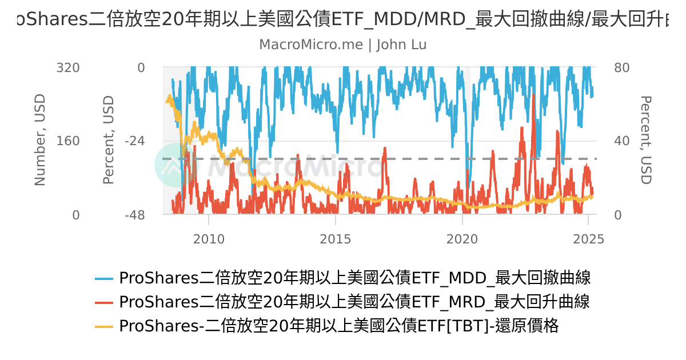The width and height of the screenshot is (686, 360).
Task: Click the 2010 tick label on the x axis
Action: click(209, 239)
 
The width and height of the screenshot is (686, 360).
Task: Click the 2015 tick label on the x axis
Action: click(336, 239)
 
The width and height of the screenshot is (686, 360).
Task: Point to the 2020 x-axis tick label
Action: click(462, 239)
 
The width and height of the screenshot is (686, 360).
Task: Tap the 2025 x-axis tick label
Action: click(588, 239)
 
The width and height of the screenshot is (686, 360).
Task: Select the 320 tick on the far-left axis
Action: click(67, 68)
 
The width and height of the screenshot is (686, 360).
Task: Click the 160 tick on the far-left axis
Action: click(67, 141)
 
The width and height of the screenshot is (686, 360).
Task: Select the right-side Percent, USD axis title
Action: click(645, 140)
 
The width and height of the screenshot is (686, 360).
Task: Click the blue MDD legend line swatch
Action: click(104, 279)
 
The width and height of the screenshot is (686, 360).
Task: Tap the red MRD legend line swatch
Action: click(104, 302)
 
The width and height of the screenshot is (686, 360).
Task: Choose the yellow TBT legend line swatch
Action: click(104, 326)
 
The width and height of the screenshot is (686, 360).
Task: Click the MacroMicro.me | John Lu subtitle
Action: click(343, 45)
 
